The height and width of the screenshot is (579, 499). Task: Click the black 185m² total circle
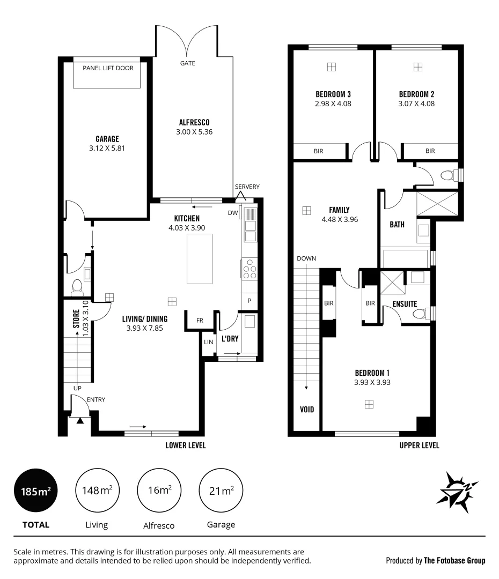[x=36, y=490]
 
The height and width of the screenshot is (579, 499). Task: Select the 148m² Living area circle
[x=97, y=490]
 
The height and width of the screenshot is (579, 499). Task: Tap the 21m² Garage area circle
[x=221, y=490]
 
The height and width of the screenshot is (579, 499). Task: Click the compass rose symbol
[x=457, y=489]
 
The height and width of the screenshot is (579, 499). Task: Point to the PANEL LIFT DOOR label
[x=108, y=68]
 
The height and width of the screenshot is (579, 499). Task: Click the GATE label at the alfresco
[x=188, y=63]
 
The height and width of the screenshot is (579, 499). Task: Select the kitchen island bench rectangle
[x=199, y=259]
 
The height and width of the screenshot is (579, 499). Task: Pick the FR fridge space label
[x=200, y=320]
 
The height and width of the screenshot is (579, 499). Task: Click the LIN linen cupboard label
[x=208, y=342]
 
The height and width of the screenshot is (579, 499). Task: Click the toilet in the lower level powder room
[x=77, y=287]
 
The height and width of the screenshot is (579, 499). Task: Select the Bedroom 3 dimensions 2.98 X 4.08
[x=334, y=103]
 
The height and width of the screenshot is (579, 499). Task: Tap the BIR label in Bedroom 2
[x=430, y=151]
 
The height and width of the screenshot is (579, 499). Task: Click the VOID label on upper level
[x=306, y=410]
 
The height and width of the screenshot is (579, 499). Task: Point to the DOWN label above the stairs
[x=306, y=258]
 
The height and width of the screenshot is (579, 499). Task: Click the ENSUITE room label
[x=405, y=303]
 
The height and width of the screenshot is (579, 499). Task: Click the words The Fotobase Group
[x=454, y=561]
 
